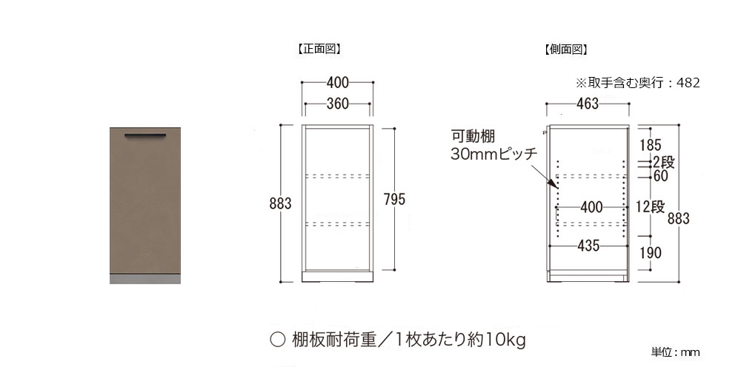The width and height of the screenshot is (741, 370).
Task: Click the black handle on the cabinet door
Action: click(145, 136)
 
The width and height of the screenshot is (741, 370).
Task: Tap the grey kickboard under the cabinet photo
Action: click(145, 279)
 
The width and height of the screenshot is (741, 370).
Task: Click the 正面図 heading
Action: click(319, 49)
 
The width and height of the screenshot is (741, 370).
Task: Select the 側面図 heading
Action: click(565, 49)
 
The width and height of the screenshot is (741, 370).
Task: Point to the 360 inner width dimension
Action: click(337, 104)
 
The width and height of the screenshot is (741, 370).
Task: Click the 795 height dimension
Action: click(395, 200)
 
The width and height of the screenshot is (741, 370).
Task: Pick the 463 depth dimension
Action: click(588, 104)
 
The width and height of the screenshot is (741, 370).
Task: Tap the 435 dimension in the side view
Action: click(588, 246)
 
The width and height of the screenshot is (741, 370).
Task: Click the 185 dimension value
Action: click(651, 145)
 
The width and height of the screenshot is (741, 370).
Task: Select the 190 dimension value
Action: click(651, 253)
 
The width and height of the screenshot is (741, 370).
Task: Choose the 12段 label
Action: click(651, 206)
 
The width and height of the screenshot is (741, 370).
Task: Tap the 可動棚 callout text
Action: click(473, 137)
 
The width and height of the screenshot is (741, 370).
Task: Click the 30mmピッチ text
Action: click(494, 155)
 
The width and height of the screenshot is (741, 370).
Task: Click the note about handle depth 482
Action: click(637, 83)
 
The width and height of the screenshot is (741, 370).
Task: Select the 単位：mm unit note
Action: click(675, 352)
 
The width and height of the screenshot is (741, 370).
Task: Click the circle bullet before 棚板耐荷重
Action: click(277, 340)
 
